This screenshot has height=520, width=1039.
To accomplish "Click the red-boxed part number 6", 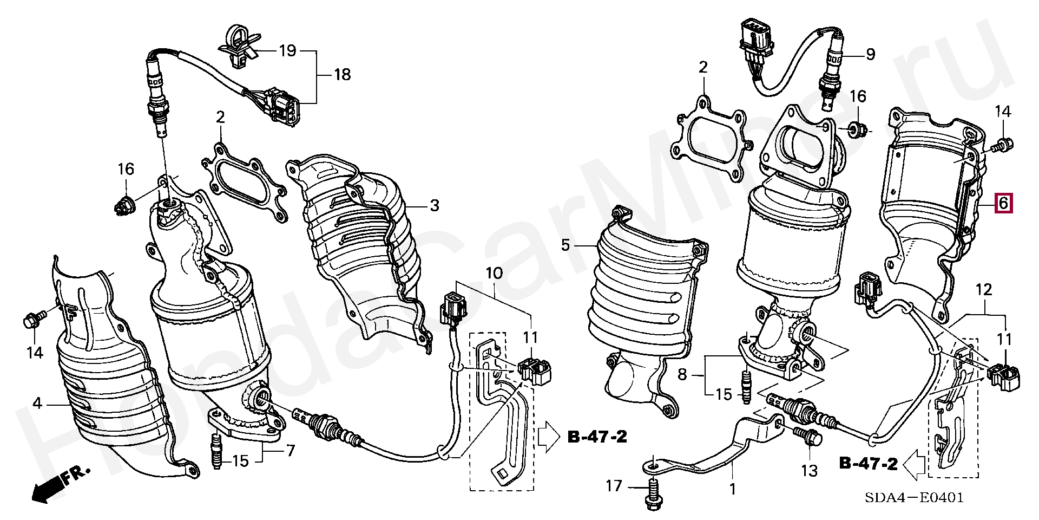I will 1002,204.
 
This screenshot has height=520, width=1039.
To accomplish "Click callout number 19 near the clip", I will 287,51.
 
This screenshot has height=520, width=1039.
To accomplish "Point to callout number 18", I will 342,74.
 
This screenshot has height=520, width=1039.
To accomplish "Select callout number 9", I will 870,54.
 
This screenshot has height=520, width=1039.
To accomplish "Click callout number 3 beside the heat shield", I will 434,206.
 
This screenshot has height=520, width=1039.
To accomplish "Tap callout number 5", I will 565,245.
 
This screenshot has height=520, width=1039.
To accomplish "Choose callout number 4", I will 37,403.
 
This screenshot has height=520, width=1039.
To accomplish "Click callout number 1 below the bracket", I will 732,489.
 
